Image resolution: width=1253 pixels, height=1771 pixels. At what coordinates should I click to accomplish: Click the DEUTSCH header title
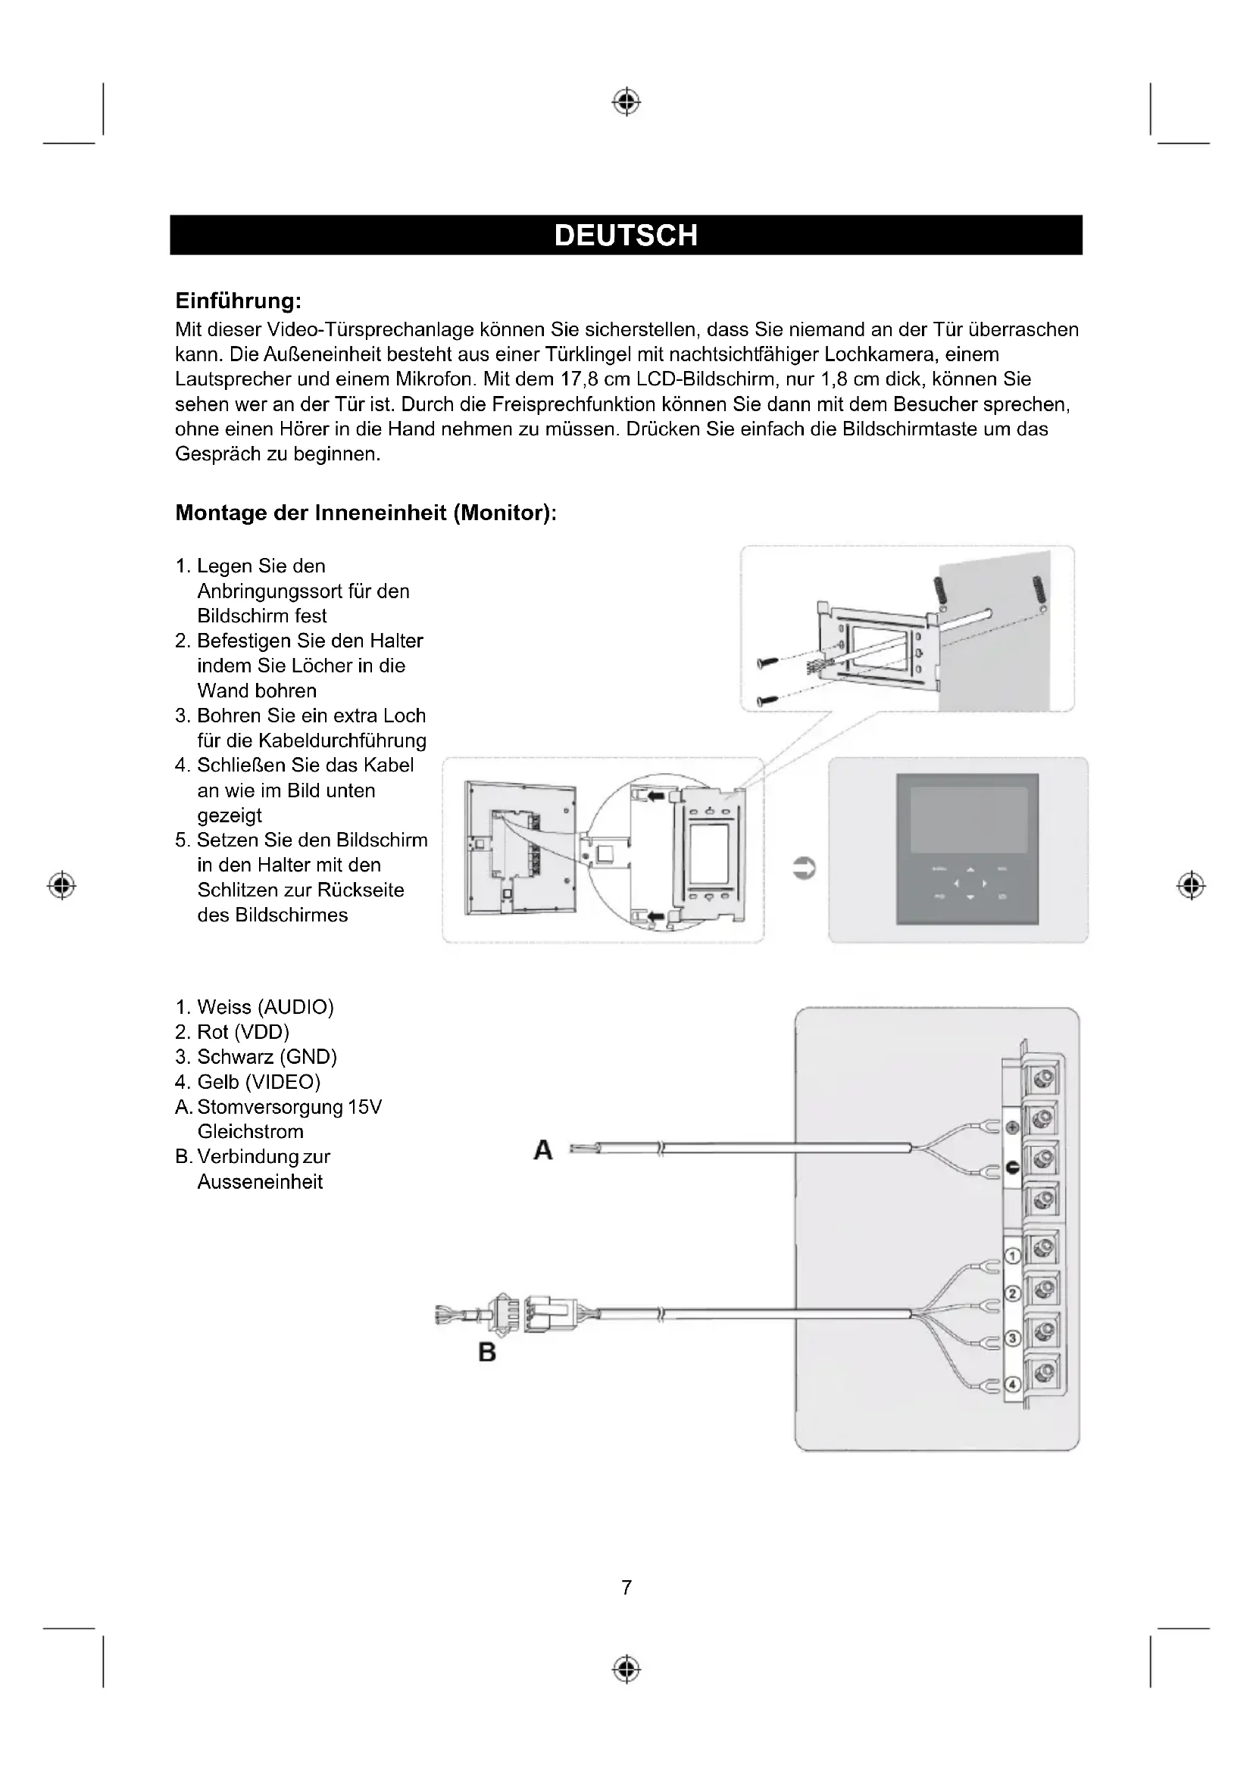point(626,235)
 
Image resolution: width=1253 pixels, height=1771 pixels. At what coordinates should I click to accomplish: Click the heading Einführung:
point(239,299)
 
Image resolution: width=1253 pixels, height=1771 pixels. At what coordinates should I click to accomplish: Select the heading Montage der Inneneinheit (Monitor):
point(366,513)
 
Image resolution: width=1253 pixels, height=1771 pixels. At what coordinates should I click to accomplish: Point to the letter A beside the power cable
point(543,1150)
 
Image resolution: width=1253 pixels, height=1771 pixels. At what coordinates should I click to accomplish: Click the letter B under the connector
point(487,1352)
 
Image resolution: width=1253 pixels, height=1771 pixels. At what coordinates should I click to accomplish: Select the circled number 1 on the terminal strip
point(1011,1257)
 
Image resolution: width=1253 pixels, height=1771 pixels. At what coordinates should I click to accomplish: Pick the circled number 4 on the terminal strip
point(1011,1385)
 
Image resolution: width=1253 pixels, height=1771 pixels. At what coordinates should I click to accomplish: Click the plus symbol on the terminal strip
point(1012,1127)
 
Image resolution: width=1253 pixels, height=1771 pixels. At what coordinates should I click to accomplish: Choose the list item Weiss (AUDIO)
point(265,1007)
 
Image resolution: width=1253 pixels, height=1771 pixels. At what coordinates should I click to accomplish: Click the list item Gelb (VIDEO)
point(258,1082)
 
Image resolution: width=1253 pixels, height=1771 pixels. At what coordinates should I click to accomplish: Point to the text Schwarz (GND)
point(267,1057)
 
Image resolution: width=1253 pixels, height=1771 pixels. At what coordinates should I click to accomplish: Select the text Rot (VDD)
point(243,1032)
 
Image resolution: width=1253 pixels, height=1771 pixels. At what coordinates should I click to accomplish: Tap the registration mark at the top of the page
point(626,101)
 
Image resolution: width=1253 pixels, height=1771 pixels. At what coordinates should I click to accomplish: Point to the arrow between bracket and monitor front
point(804,868)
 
